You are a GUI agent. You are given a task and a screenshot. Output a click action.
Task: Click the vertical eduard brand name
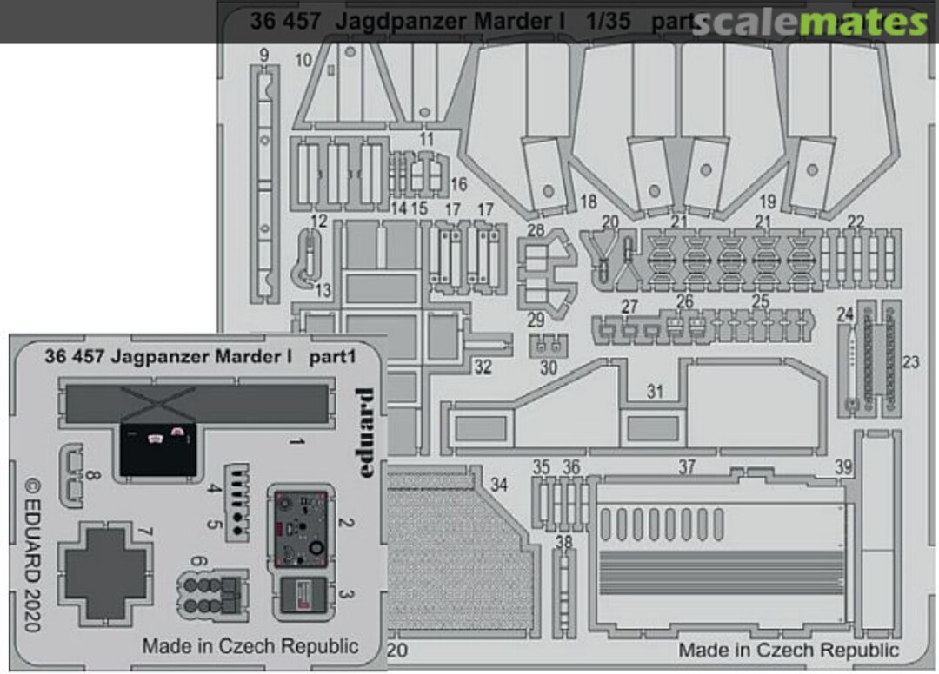click(x=365, y=434)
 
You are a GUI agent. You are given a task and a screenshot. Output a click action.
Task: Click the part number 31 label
click(x=654, y=392)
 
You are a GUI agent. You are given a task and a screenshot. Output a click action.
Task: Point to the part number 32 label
click(x=483, y=367)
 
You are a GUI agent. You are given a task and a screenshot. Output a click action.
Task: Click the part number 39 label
click(x=842, y=468)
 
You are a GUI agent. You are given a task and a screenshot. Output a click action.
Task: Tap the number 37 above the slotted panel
click(x=687, y=468)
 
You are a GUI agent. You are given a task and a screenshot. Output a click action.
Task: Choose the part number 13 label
click(x=323, y=291)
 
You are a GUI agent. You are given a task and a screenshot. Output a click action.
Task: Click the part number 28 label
click(x=536, y=230)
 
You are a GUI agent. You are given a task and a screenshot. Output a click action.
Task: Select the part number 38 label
click(x=564, y=543)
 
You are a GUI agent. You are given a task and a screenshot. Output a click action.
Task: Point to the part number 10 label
click(x=303, y=60)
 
